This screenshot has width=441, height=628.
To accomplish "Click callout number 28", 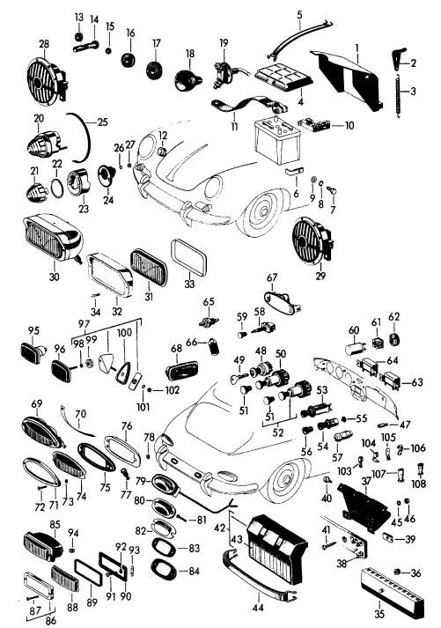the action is pyautogui.click(x=44, y=43).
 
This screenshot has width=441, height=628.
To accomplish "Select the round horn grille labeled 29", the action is pyautogui.click(x=312, y=241).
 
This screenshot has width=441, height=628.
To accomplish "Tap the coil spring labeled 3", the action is pyautogui.click(x=398, y=96).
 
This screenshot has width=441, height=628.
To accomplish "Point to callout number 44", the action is pyautogui.click(x=258, y=608).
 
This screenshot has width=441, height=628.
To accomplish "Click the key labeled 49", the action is pyautogui.click(x=239, y=378).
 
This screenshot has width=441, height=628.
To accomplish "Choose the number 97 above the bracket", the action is pyautogui.click(x=84, y=323).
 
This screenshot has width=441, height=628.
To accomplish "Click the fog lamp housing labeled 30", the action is pyautogui.click(x=53, y=239).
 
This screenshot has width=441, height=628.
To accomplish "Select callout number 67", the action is pyautogui.click(x=272, y=277).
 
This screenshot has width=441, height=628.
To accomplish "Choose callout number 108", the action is pyautogui.click(x=419, y=484).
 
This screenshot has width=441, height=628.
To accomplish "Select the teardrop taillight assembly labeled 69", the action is pyautogui.click(x=42, y=432).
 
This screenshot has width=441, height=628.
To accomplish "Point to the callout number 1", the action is pyautogui.click(x=357, y=48).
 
